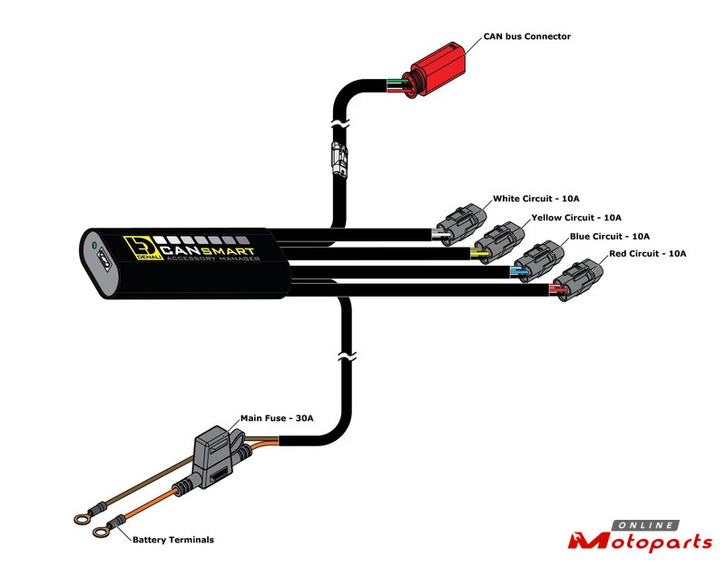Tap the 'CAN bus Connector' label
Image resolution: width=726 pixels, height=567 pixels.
pyautogui.click(x=527, y=36)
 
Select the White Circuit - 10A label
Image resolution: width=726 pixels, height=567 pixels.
pyautogui.click(x=535, y=199)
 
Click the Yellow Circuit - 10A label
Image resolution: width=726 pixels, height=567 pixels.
pyautogui.click(x=576, y=218)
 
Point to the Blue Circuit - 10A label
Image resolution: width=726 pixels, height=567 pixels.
pyautogui.click(x=609, y=237)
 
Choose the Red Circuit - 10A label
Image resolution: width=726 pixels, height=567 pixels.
pyautogui.click(x=647, y=254)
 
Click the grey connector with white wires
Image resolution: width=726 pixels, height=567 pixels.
pyautogui.click(x=461, y=224)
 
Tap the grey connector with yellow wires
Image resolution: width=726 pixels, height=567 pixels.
pyautogui.click(x=499, y=242)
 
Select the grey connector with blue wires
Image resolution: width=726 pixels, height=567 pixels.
pyautogui.click(x=538, y=261)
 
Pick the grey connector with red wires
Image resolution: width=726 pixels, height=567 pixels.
pyautogui.click(x=577, y=280)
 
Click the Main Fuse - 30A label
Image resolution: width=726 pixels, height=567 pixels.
pyautogui.click(x=277, y=418)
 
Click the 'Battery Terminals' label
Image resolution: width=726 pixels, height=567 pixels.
pyautogui.click(x=173, y=540)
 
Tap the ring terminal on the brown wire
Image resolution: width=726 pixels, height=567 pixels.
pyautogui.click(x=82, y=519)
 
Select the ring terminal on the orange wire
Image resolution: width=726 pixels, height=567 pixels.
pyautogui.click(x=102, y=532)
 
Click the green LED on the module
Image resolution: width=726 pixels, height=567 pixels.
pyautogui.click(x=94, y=245)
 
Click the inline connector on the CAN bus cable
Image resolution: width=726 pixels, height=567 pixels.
pyautogui.click(x=338, y=160)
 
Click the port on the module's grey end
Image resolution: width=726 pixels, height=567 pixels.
pyautogui.click(x=103, y=263)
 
